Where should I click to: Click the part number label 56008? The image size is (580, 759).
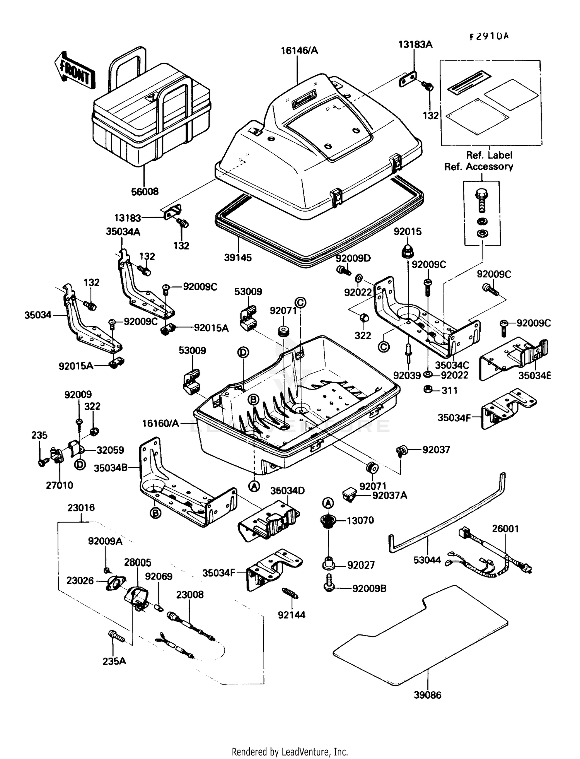pyautogui.click(x=145, y=191)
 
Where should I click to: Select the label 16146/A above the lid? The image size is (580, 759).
pyautogui.click(x=299, y=51)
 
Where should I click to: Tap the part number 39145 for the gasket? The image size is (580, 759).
pyautogui.click(x=238, y=258)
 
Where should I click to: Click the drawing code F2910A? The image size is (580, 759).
pyautogui.click(x=489, y=37)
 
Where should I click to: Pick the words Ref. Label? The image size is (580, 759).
pyautogui.click(x=489, y=155)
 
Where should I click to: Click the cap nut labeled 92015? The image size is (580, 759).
pyautogui.click(x=407, y=252)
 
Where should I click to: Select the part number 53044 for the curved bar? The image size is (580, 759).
pyautogui.click(x=427, y=560)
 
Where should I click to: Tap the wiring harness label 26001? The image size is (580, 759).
pyautogui.click(x=505, y=528)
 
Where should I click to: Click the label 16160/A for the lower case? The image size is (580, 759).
pyautogui.click(x=160, y=423)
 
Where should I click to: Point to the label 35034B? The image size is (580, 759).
pyautogui.click(x=111, y=468)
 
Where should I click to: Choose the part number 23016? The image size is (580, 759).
pyautogui.click(x=81, y=508)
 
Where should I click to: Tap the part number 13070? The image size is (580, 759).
pyautogui.click(x=360, y=520)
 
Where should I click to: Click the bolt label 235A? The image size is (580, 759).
pyautogui.click(x=114, y=661)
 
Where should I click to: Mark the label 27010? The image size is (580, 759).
pyautogui.click(x=59, y=485)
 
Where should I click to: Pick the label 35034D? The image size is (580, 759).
pyautogui.click(x=287, y=491)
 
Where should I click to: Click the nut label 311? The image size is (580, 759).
pyautogui.click(x=449, y=390)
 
